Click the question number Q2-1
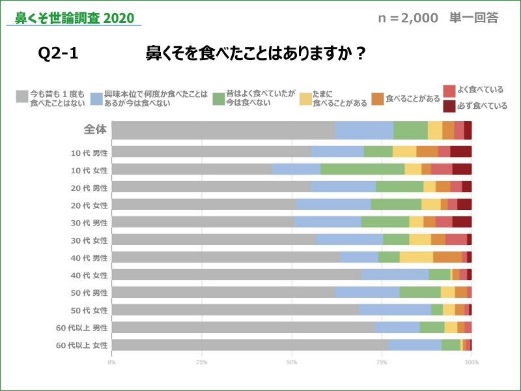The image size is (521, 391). click(59, 53)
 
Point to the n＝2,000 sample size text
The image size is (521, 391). click(408, 18)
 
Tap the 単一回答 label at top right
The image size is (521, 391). click(474, 18)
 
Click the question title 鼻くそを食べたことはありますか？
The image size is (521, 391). click(255, 53)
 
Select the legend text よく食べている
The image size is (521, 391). click(481, 90)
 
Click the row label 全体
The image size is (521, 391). click(95, 129)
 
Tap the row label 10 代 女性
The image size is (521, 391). click(90, 169)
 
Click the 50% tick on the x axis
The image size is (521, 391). click(292, 362)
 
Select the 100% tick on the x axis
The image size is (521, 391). click(471, 362)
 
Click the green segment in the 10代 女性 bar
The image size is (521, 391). click(362, 169)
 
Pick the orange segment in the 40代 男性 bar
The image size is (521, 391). click(447, 257)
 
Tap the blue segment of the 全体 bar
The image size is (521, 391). click(364, 130)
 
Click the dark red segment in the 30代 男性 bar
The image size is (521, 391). click(462, 222)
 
